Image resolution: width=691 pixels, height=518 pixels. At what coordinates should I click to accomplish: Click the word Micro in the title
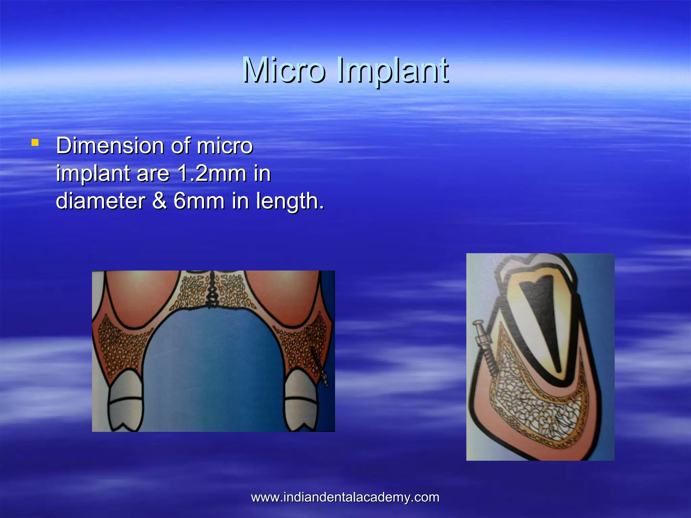coord(284,70)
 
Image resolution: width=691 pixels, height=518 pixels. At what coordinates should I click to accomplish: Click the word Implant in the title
coord(393,71)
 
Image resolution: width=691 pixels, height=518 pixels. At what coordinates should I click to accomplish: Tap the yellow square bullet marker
coord(35,143)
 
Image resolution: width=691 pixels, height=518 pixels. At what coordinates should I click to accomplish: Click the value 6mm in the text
coord(199,201)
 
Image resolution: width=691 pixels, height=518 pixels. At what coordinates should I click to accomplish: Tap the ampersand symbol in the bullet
coord(159,201)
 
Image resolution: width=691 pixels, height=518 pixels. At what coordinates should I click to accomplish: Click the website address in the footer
coord(345,497)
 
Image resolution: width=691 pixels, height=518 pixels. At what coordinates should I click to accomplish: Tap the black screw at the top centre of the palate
coord(213,290)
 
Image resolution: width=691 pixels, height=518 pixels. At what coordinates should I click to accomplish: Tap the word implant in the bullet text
coord(93,174)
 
